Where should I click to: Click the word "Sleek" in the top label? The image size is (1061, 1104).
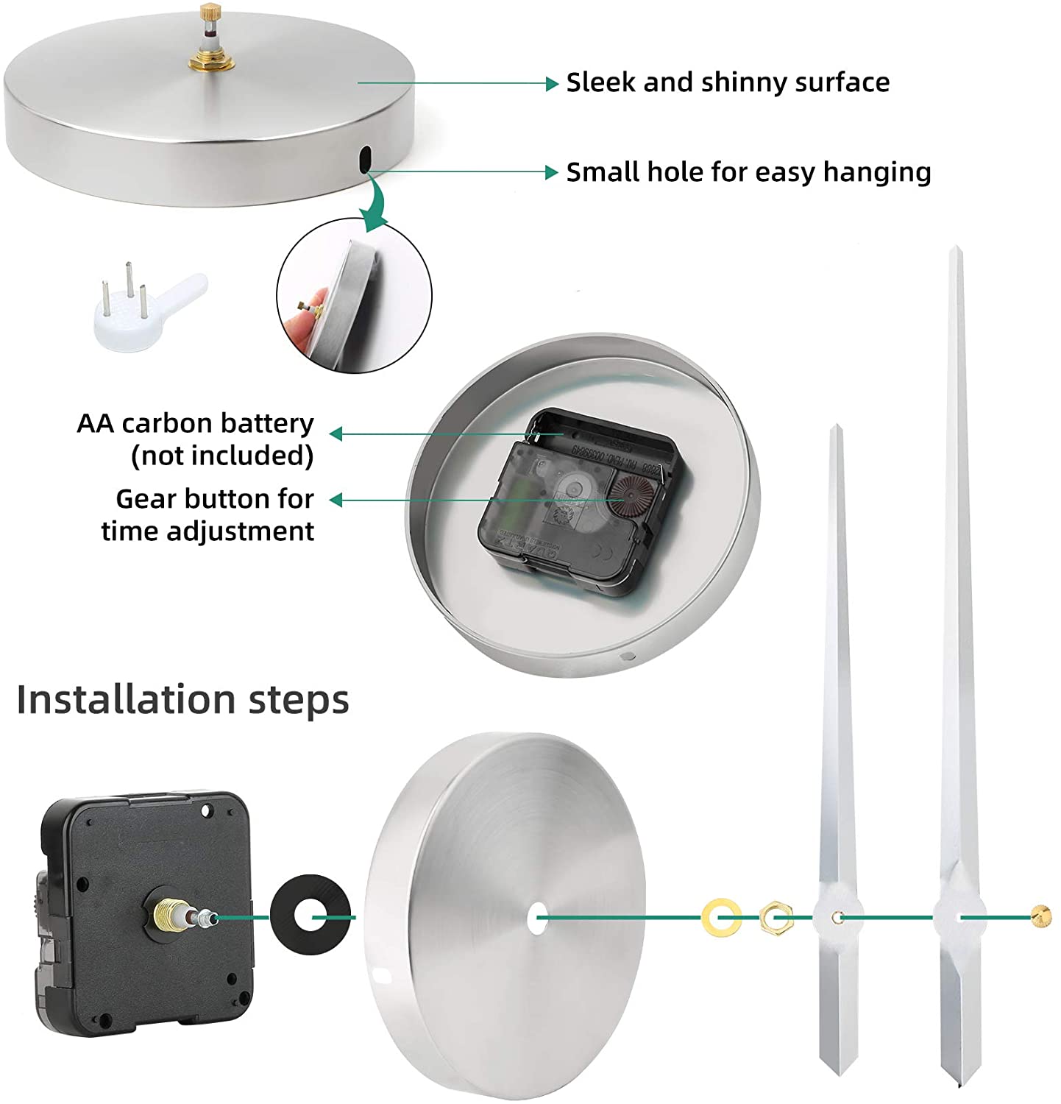tap(600, 82)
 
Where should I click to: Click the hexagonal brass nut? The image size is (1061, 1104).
tap(776, 917)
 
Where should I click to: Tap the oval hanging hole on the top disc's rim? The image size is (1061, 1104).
tap(365, 159)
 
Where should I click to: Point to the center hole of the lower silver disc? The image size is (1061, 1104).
tap(537, 917)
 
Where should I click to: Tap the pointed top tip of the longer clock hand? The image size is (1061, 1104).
tap(955, 247)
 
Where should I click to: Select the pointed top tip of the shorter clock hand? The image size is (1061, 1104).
tap(835, 426)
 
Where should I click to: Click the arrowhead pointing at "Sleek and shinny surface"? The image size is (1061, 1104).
tap(553, 83)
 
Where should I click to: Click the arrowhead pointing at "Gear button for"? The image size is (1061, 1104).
tap(336, 500)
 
